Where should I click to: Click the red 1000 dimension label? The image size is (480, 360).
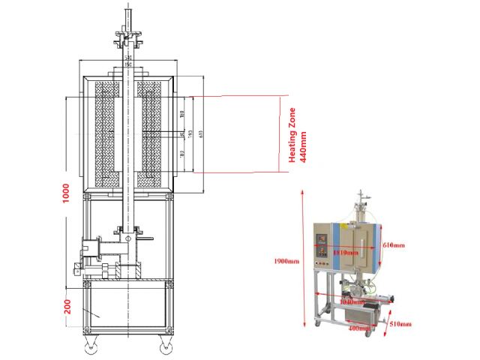(67, 193)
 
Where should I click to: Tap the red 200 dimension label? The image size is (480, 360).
(67, 307)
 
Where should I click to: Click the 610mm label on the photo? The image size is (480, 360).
(393, 245)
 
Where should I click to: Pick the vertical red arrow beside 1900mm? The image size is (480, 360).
(301, 259)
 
